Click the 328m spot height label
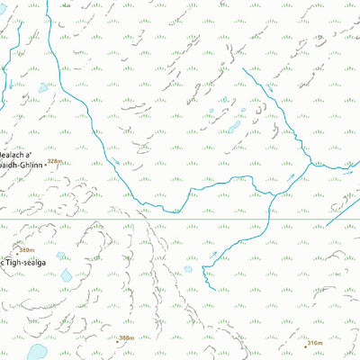pos(58,161)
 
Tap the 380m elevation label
pos(27,250)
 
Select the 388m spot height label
pos(127,337)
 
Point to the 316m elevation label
pos(314,343)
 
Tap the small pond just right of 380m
pos(60,256)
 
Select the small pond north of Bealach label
pos(43,88)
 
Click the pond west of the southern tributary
pos(189,268)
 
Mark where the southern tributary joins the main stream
pos(270,193)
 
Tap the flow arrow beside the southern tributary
pos(213,255)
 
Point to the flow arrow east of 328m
pos(115,162)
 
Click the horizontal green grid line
pos(180,219)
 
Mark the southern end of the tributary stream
pos(209,290)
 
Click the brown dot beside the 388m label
pos(117,341)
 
